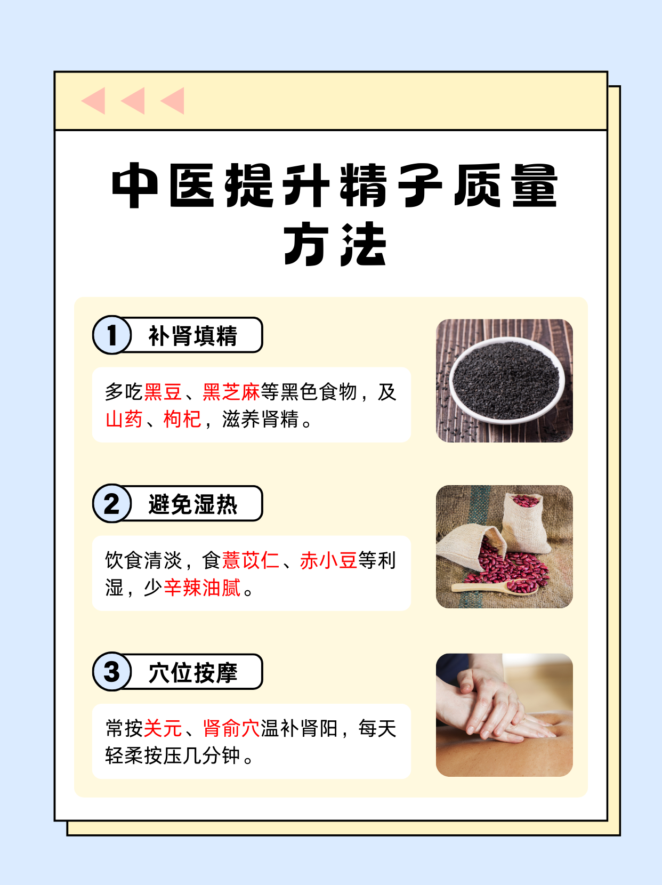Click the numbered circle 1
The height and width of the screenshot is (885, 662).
click(112, 335)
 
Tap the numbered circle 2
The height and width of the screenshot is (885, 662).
click(112, 504)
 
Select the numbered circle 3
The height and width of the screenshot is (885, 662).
click(112, 672)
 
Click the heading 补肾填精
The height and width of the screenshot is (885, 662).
click(192, 336)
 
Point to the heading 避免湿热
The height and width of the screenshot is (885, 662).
click(192, 504)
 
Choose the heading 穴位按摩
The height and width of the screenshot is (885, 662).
click(192, 672)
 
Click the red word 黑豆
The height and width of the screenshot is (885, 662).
click(163, 392)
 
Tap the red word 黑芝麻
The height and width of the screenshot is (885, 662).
click(231, 392)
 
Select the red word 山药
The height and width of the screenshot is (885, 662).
click(124, 420)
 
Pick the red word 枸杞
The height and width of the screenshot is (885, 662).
click(182, 420)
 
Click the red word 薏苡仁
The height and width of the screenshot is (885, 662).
click(251, 560)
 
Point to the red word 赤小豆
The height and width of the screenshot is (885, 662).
click(328, 560)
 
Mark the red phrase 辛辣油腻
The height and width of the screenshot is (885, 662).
click(202, 588)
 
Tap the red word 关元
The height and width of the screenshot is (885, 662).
click(163, 728)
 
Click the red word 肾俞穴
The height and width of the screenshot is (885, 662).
click(231, 728)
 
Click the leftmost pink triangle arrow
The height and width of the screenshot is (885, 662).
click(95, 101)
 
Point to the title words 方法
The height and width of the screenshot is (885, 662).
click(335, 245)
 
